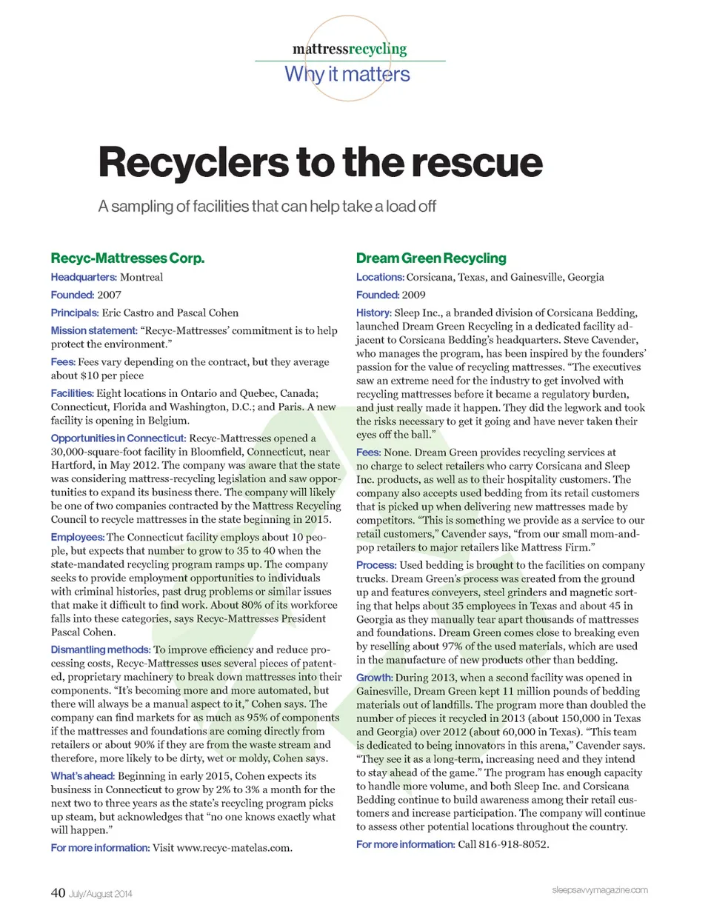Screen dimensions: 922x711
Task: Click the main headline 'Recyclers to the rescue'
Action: click(320, 163)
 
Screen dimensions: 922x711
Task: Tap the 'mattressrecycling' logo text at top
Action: click(350, 49)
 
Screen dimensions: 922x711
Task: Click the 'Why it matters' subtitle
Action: click(347, 74)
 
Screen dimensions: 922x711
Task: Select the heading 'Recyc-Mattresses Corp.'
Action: click(127, 258)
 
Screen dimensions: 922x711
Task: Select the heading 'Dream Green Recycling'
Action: click(431, 258)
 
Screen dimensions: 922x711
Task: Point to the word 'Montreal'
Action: click(141, 277)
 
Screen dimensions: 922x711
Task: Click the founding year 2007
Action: click(109, 295)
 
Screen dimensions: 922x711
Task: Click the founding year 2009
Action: click(413, 295)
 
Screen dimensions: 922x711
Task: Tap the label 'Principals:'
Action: click(75, 313)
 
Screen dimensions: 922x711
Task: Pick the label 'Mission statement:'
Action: click(94, 330)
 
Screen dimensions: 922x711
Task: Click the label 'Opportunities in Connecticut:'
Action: click(118, 438)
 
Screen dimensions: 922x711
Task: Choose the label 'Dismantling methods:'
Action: click(101, 649)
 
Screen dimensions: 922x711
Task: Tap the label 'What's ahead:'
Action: click(83, 776)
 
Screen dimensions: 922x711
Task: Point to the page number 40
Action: click(58, 893)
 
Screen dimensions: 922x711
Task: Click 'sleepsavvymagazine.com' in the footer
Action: click(599, 890)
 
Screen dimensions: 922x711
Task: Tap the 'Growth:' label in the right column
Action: click(374, 678)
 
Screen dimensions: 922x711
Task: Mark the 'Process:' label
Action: click(376, 565)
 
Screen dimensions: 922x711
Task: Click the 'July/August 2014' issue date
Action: click(101, 895)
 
